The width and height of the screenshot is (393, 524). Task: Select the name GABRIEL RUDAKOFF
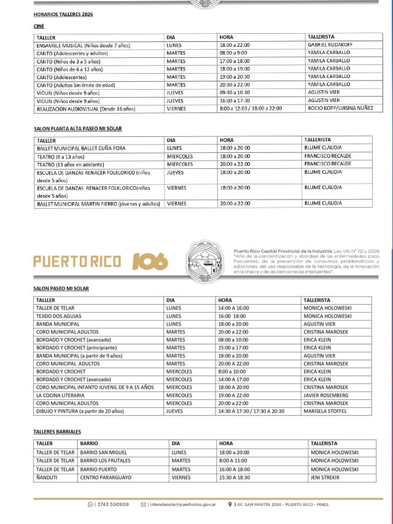(x=331, y=45)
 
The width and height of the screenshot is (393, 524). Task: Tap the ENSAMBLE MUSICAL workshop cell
(x=83, y=45)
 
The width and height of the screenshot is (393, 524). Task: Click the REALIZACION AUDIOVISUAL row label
(x=85, y=109)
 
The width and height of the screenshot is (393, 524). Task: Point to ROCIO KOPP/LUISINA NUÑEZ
(x=340, y=109)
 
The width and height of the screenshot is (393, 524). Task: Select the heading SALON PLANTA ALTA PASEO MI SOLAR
(x=78, y=129)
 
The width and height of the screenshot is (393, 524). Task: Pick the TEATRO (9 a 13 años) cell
(x=62, y=156)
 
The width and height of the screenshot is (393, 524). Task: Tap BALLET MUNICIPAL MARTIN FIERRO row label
(x=98, y=203)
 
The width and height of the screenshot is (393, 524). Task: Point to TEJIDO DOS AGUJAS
(x=58, y=316)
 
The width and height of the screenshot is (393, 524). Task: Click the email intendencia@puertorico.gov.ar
(x=182, y=504)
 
